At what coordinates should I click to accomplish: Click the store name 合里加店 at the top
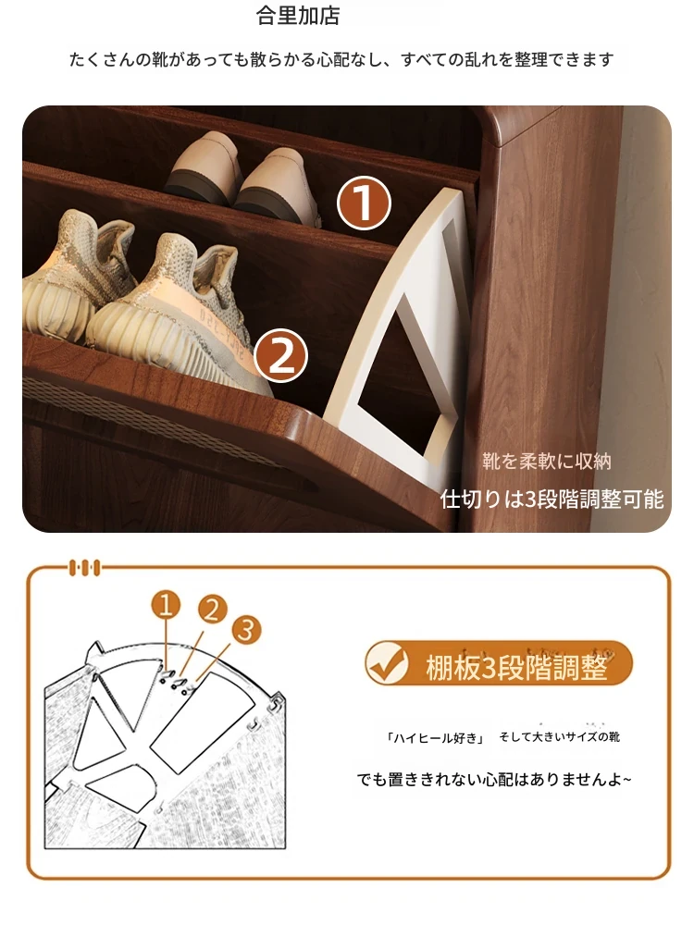click(298, 16)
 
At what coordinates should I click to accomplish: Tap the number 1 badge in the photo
click(364, 203)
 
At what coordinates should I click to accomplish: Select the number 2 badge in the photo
click(281, 355)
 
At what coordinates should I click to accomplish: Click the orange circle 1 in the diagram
click(166, 605)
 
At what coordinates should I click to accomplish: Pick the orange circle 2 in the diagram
click(212, 610)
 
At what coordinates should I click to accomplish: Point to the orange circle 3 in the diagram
click(246, 629)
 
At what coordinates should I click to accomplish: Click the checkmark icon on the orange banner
click(387, 663)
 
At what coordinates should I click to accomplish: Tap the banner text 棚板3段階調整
click(516, 667)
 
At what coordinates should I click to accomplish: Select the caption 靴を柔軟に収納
click(547, 462)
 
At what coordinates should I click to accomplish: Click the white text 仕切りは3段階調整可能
click(551, 499)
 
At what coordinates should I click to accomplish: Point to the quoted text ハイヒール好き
click(435, 738)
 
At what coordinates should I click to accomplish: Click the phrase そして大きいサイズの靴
click(559, 737)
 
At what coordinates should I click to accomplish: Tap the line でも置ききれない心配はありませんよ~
click(494, 779)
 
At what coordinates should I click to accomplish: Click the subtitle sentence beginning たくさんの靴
click(341, 59)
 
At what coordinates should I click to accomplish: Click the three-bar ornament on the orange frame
click(85, 568)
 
